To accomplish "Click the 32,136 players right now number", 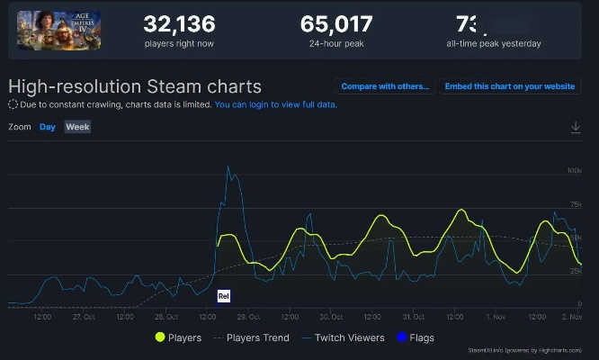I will (183, 23).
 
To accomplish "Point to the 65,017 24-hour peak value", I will (335, 23).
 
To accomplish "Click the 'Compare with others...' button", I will (386, 86).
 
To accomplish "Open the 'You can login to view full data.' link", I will (275, 104).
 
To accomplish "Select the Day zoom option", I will (48, 127).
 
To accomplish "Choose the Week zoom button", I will (77, 127).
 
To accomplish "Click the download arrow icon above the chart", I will (576, 128).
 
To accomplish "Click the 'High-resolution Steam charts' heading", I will (135, 86).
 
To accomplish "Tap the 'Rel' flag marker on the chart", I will (224, 295).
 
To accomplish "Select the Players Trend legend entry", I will (252, 337).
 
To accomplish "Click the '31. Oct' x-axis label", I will (415, 316).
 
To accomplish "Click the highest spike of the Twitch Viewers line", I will (228, 166).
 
